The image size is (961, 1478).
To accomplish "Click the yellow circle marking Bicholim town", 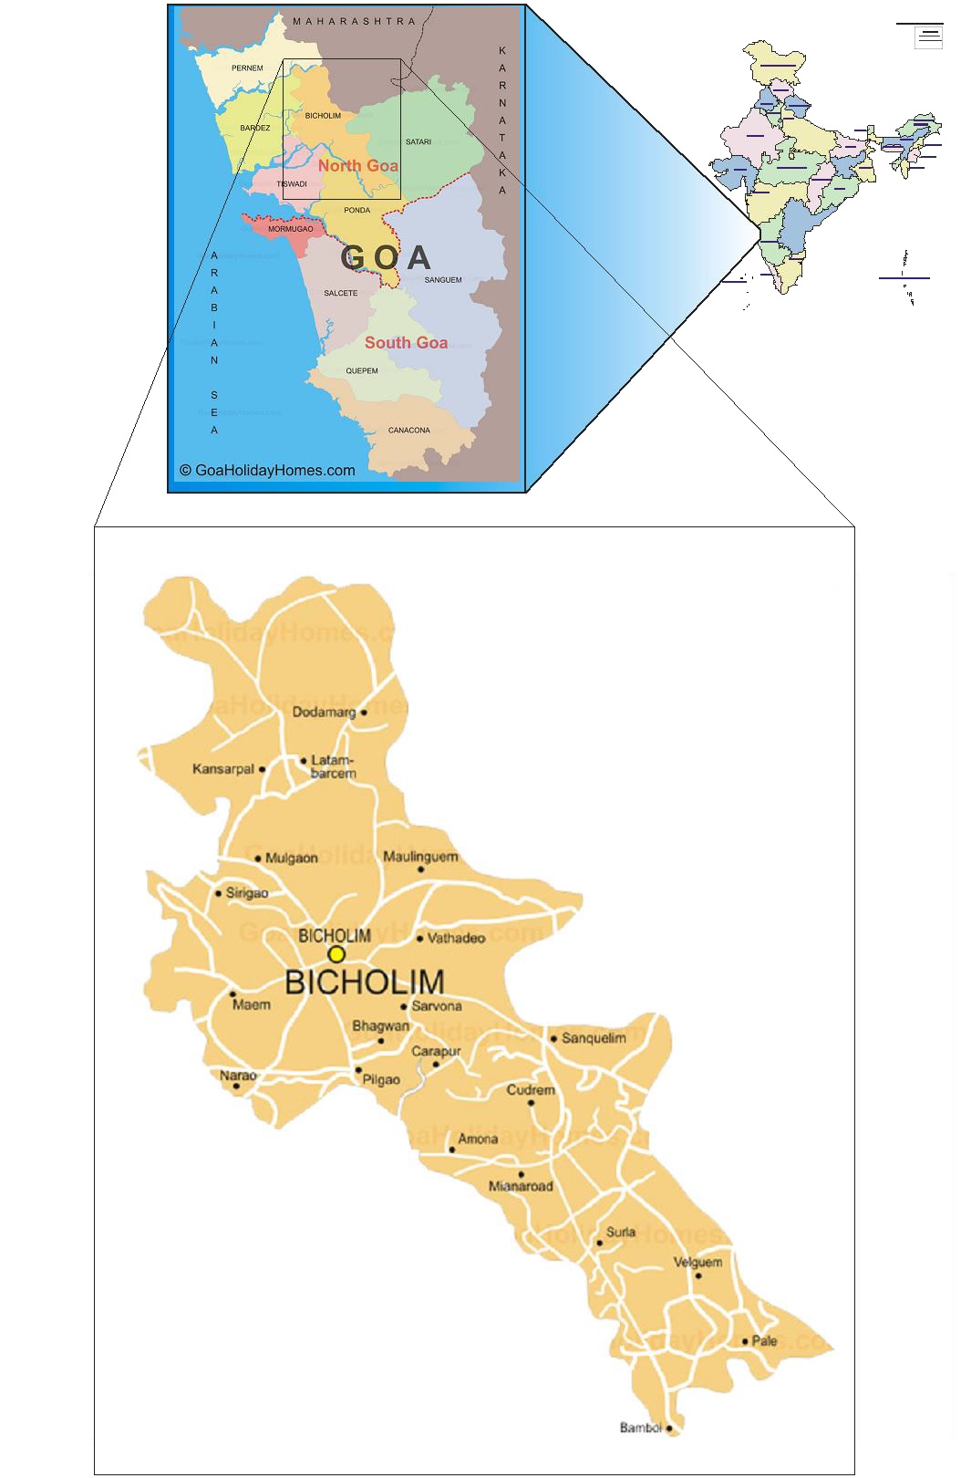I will tap(336, 954).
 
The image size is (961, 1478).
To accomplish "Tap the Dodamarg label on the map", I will tap(324, 712).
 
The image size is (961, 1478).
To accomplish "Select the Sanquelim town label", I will tap(594, 1038).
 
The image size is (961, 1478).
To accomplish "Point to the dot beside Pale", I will tap(745, 1341).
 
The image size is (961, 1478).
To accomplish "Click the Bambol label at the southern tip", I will tap(640, 1428).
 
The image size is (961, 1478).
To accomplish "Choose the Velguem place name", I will tap(698, 1263).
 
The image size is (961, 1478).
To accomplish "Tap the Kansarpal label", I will tap(222, 769).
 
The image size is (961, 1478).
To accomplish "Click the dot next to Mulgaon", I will tap(258, 859).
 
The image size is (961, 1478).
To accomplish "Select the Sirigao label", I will tap(247, 893).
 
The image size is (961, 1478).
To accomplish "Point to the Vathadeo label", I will tap(456, 938).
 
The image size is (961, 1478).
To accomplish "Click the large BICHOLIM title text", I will tap(365, 983).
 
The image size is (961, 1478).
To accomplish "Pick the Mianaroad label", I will tap(521, 1187).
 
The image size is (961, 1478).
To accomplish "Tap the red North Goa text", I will tap(358, 166).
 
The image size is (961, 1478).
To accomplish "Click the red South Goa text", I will tap(406, 343).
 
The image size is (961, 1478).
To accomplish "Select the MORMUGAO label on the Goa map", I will tap(290, 229).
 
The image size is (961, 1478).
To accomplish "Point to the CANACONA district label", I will tap(408, 431).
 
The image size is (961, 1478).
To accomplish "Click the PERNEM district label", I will tap(247, 68).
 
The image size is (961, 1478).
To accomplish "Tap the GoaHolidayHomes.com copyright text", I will tap(267, 471).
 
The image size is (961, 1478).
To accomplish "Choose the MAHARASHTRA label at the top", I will tap(354, 21).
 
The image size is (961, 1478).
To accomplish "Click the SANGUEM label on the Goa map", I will tap(443, 280).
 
